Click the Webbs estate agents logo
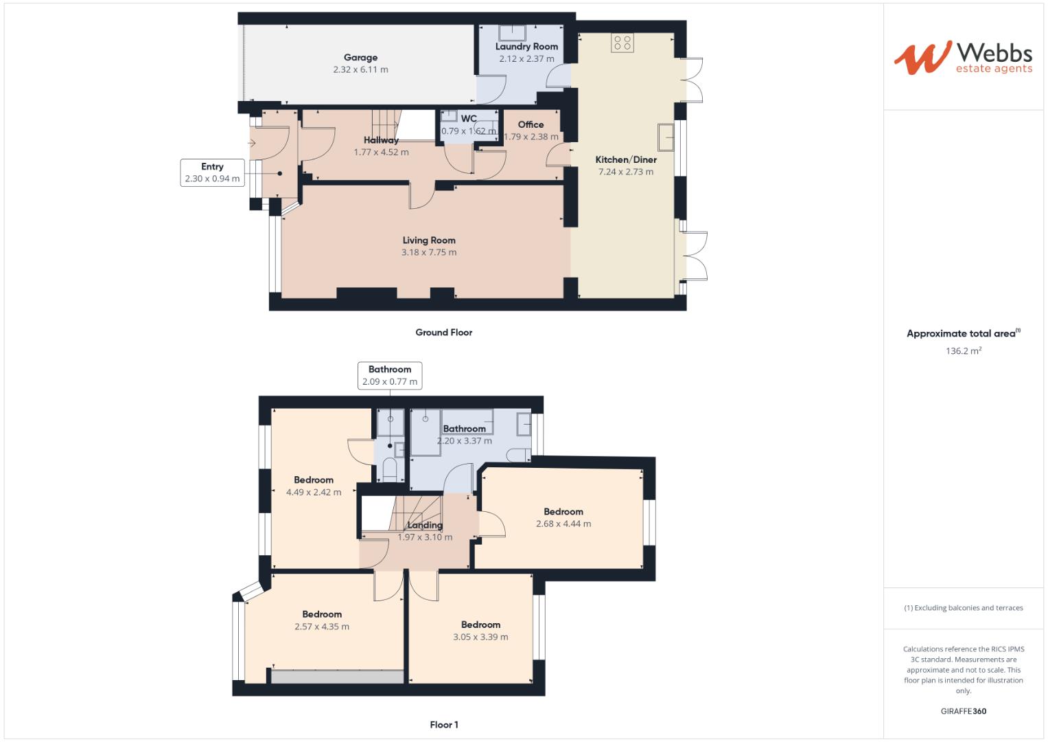(x=962, y=57)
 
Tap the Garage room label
(x=360, y=58)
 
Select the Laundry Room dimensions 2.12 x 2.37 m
(x=526, y=59)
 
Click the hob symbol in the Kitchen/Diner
(x=622, y=43)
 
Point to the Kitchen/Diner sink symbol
(x=665, y=137)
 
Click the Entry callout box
(x=212, y=172)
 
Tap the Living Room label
(x=429, y=240)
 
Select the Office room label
(x=531, y=124)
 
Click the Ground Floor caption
(x=443, y=333)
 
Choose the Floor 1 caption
(x=443, y=725)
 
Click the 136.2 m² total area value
(x=963, y=351)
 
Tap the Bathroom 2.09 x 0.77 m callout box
(x=389, y=376)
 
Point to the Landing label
(x=425, y=525)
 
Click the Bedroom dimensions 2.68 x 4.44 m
(x=563, y=524)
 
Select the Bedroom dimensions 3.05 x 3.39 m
(x=480, y=637)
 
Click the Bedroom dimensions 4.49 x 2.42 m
(x=313, y=492)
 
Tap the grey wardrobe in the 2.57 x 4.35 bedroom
(x=337, y=677)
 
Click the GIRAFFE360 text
(x=963, y=711)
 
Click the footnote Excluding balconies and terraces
(x=963, y=608)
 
